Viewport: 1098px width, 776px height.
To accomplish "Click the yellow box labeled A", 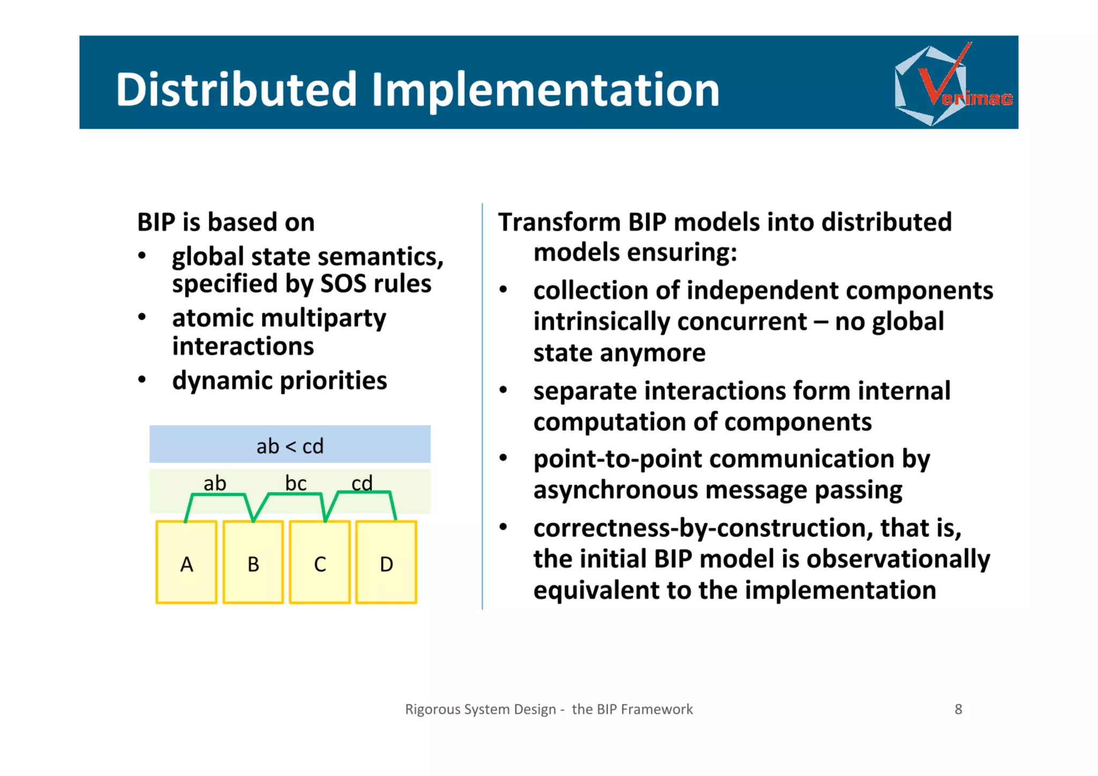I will click(x=186, y=562).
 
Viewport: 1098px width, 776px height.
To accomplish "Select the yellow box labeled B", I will click(x=253, y=562).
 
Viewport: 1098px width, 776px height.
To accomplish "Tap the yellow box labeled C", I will click(x=320, y=562).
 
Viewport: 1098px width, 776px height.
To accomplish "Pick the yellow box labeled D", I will click(x=386, y=562).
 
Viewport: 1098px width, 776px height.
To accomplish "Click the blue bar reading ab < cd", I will click(x=290, y=444).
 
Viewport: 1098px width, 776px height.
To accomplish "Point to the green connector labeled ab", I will click(x=217, y=494).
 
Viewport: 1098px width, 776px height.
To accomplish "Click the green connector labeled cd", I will click(x=365, y=492).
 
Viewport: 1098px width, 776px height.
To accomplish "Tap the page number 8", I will click(x=958, y=709).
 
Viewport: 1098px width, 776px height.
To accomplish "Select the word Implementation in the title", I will click(x=545, y=90).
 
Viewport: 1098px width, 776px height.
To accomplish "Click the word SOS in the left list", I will click(x=343, y=283).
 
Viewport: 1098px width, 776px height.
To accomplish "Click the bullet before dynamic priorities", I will click(x=142, y=380).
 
